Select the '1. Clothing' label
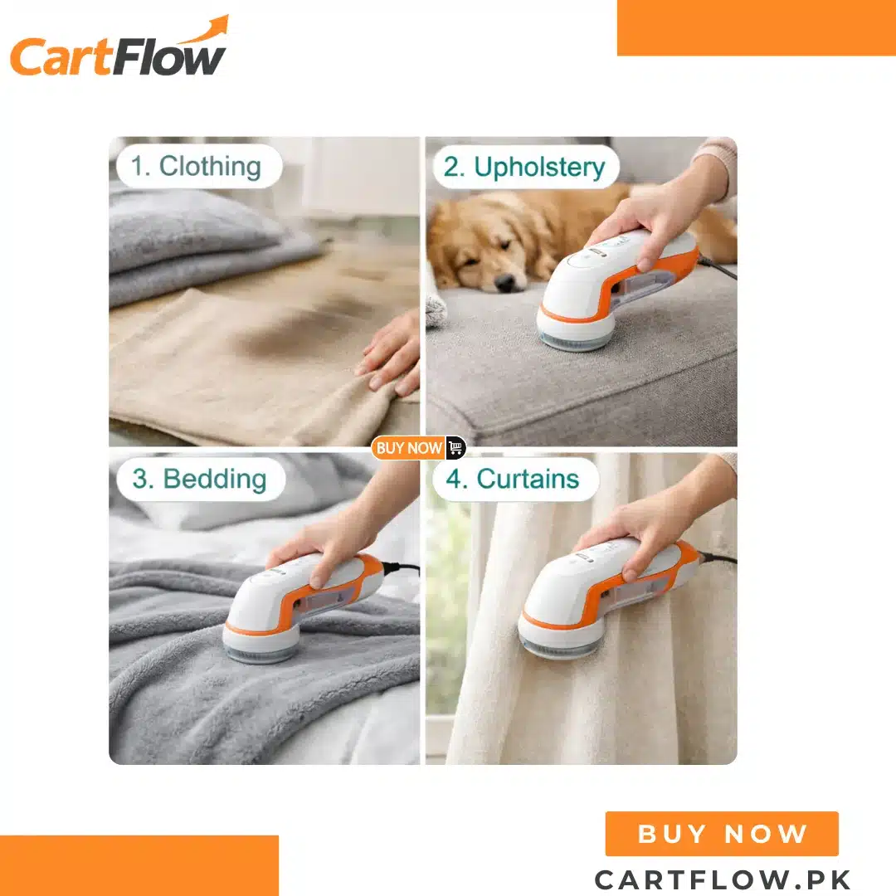tap(198, 166)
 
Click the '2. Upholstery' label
tap(525, 167)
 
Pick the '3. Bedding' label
tap(200, 479)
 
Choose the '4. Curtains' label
tap(515, 479)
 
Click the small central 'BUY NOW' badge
tap(418, 447)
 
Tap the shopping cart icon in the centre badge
tap(455, 447)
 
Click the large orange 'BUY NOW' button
tap(722, 834)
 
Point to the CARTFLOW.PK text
tap(723, 879)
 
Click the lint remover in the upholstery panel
tap(617, 289)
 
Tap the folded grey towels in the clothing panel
tap(212, 246)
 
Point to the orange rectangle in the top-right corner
tap(756, 28)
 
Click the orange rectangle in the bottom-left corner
tap(139, 865)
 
